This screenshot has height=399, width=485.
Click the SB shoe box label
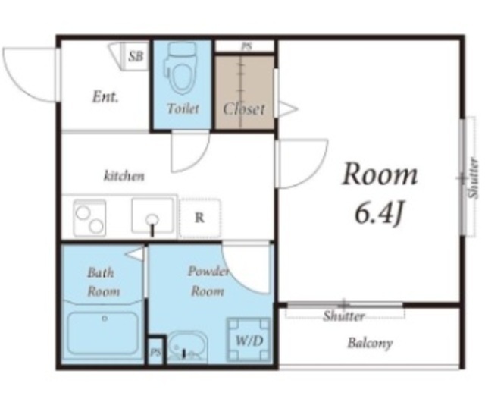click(136, 56)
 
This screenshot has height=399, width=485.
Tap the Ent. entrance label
click(105, 97)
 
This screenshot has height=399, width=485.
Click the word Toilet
click(183, 108)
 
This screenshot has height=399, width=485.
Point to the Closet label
click(244, 109)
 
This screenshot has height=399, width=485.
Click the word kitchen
click(124, 176)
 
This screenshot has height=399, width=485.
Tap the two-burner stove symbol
click(89, 217)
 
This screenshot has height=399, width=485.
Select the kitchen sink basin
click(152, 216)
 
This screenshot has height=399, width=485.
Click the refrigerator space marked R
click(200, 218)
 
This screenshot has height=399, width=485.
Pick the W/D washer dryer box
click(249, 340)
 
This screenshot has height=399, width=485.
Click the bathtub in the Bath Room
click(103, 333)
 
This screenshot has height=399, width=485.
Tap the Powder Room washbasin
click(187, 347)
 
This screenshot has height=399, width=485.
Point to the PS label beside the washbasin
click(155, 352)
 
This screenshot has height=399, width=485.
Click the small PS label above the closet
click(246, 46)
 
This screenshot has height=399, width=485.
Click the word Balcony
click(370, 343)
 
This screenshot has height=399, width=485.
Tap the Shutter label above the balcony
click(343, 316)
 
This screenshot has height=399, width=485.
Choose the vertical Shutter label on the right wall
click(473, 178)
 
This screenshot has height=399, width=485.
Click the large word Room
click(380, 174)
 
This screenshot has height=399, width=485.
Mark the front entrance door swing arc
click(18, 83)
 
